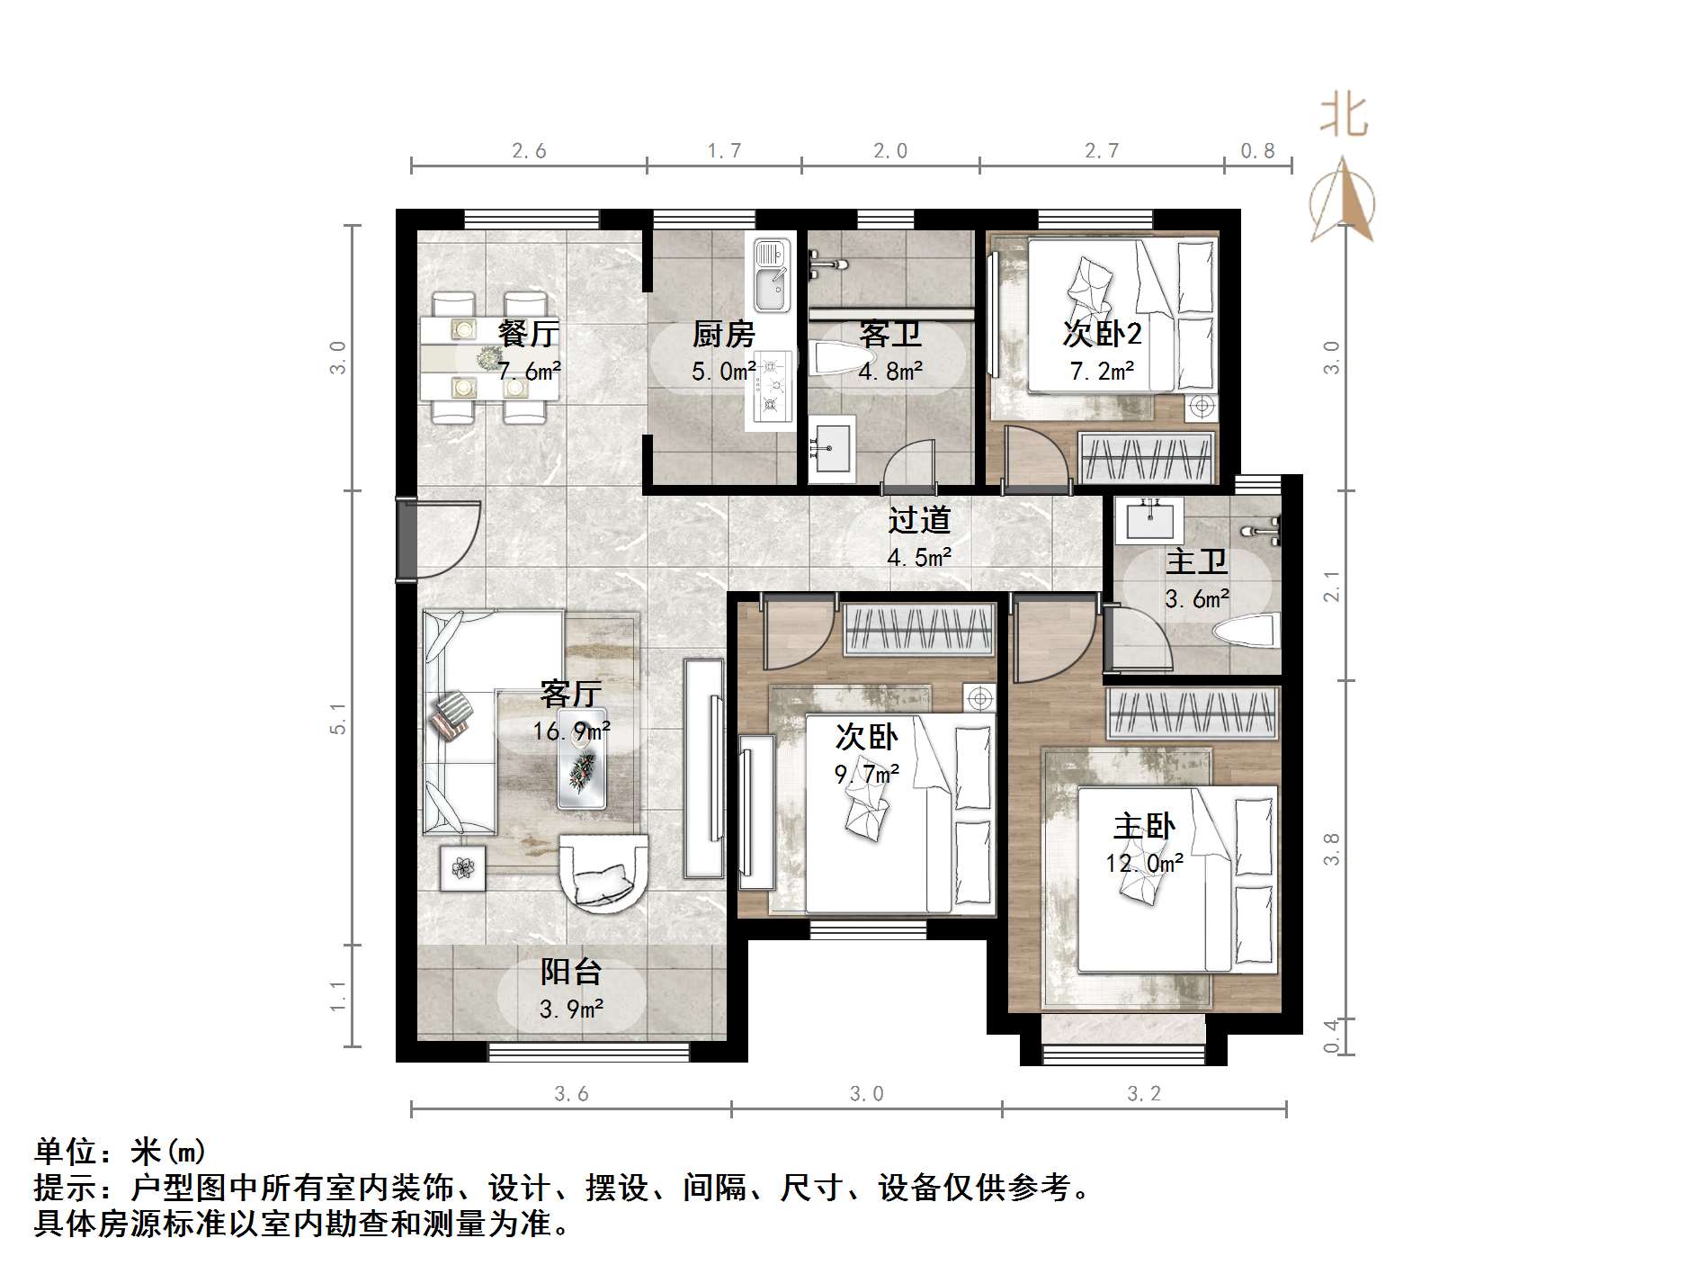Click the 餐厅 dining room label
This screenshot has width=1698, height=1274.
tap(529, 334)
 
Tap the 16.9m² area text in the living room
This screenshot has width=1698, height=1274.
tap(571, 731)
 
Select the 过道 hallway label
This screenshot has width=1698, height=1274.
tap(919, 520)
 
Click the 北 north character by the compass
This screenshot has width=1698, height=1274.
tap(1344, 117)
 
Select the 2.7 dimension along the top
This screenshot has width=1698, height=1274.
tap(1101, 151)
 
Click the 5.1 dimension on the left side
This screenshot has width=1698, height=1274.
tap(338, 718)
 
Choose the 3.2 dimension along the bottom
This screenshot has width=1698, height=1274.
tap(1144, 1094)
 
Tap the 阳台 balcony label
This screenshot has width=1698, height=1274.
tap(571, 972)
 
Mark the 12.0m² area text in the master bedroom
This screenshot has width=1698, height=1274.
tap(1144, 864)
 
